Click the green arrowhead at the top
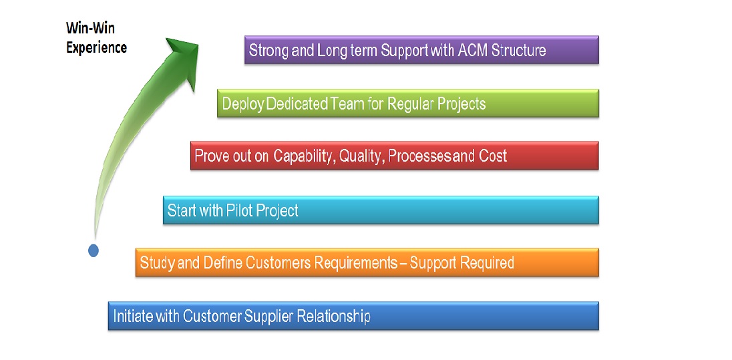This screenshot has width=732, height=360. coord(184,58)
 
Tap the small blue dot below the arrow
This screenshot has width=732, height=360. coord(94,250)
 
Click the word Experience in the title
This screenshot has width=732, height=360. coord(96,47)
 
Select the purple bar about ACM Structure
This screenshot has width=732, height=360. coord(421,50)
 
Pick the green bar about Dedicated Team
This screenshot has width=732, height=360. coord(408,103)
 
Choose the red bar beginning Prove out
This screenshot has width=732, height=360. coord(395,156)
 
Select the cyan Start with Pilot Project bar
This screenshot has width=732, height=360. coord(381,210)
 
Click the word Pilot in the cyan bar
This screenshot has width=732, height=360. coord(239,210)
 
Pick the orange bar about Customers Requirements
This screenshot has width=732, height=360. coord(367,262)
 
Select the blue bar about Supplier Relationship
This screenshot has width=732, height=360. coord(353,316)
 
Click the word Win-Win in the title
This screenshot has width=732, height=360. coord(90,29)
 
